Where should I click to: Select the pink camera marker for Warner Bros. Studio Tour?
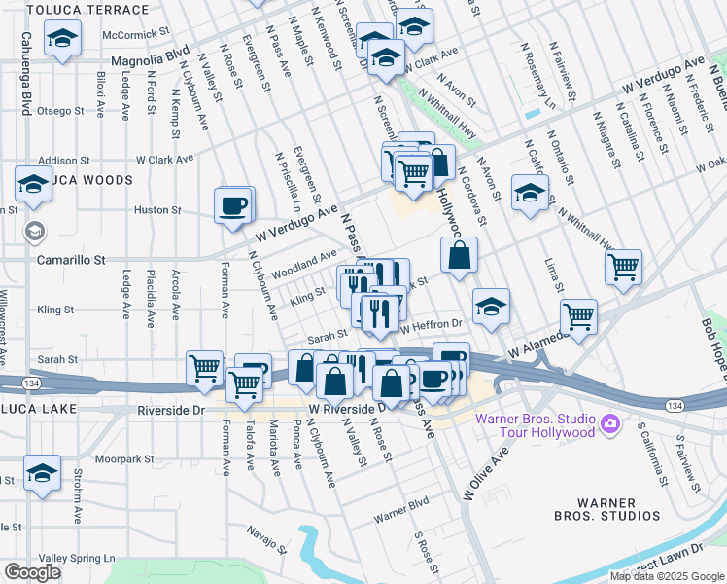pos(609,424)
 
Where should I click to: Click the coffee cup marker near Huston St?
pos(233,206)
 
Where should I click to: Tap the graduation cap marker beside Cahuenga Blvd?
pos(63,39)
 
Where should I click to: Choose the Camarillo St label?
pos(71,261)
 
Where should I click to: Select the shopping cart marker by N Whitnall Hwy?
pos(622,266)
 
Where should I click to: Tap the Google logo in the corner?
pos(32,572)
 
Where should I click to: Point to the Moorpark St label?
pos(125,458)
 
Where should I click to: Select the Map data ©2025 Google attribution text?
pos(667,576)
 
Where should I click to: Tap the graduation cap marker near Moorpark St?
pos(43,474)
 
